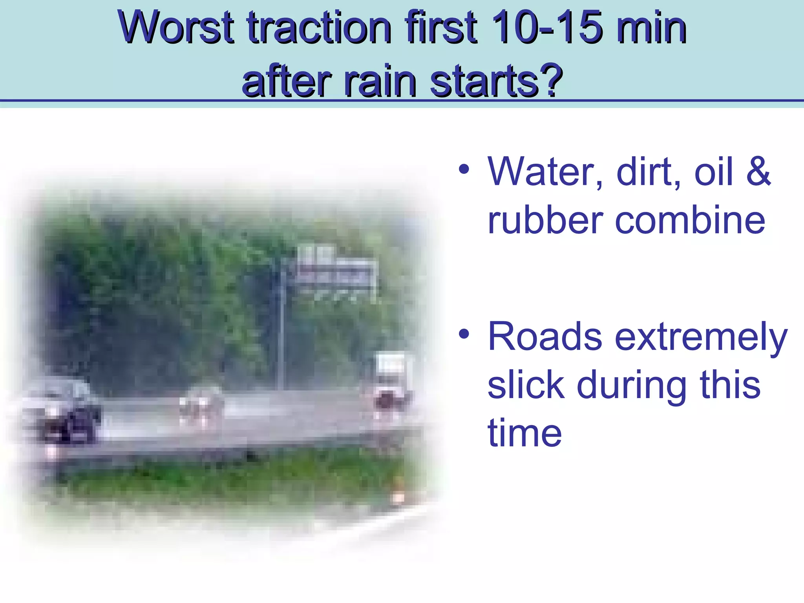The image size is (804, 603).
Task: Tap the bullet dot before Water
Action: click(464, 170)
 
